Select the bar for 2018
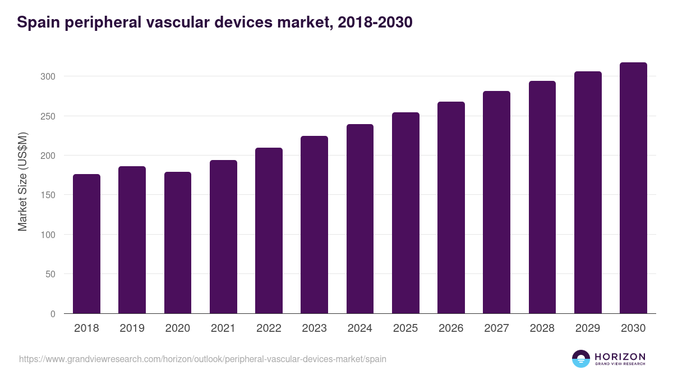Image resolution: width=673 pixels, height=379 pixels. coord(86,244)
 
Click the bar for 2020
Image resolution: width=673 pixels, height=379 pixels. coord(178,243)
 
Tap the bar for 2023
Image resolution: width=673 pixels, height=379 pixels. coord(314,225)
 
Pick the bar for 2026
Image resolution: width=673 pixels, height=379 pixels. coord(451,208)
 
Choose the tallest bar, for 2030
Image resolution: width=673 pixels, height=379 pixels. coord(633,188)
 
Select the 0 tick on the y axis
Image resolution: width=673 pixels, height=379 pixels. coord(53,314)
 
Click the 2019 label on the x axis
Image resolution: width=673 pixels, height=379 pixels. coord(132,328)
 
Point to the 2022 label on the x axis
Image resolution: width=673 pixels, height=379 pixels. coord(269,328)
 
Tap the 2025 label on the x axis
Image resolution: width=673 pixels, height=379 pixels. coord(405,328)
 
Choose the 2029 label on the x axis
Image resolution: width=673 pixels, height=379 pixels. coord(588,328)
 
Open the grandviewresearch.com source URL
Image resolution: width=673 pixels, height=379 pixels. coord(202,359)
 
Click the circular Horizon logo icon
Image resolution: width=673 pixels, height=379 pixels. coord(580,359)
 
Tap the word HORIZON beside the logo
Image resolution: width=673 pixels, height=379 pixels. coord(620,356)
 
